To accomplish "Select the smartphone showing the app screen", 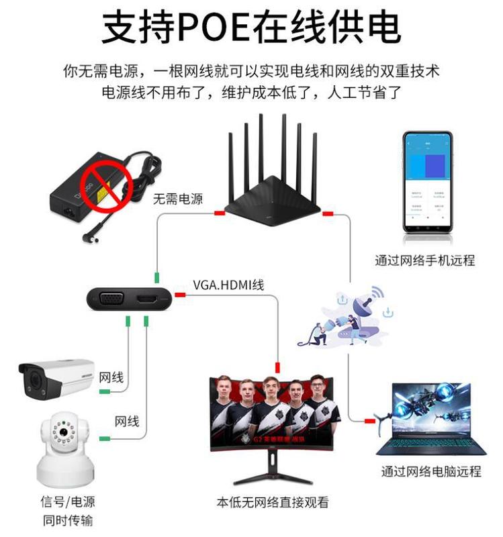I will click(428, 183).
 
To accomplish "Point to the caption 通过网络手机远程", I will click(425, 260).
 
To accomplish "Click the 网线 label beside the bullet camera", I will click(111, 378).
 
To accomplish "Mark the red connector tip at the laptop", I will click(369, 421).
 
